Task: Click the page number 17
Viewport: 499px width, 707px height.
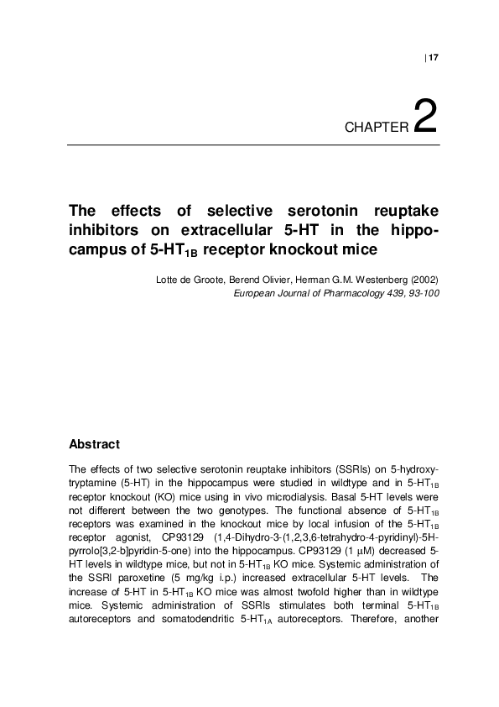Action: tap(434, 58)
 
